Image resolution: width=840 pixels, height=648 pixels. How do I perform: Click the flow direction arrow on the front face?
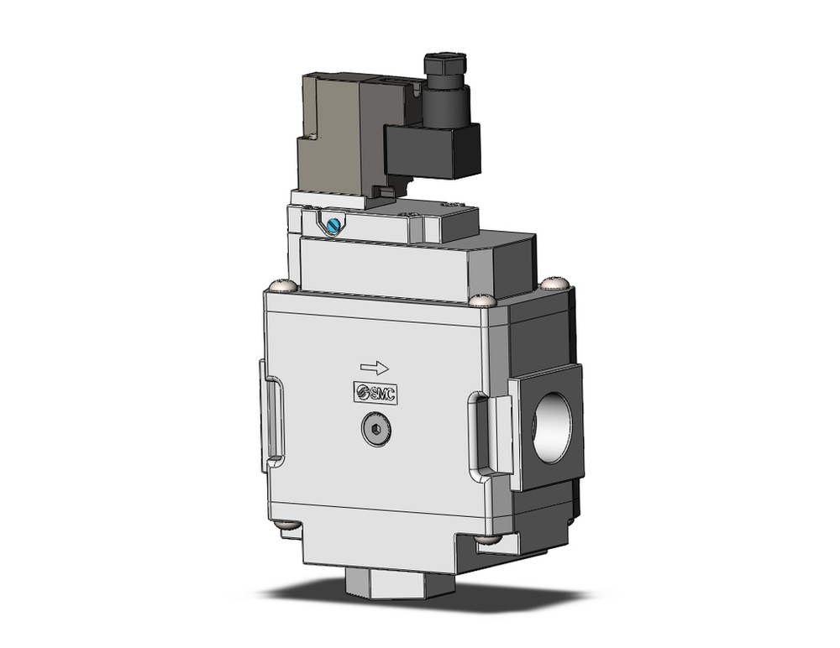374,367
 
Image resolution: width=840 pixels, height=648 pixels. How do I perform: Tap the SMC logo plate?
375,392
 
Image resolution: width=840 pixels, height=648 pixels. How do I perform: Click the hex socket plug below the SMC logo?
375,431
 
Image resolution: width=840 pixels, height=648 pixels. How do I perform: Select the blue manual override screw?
336,224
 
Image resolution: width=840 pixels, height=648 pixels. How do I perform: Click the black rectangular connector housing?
432,151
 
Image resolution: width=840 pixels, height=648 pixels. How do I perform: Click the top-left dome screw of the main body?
283,286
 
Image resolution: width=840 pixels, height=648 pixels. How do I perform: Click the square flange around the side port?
545,429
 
